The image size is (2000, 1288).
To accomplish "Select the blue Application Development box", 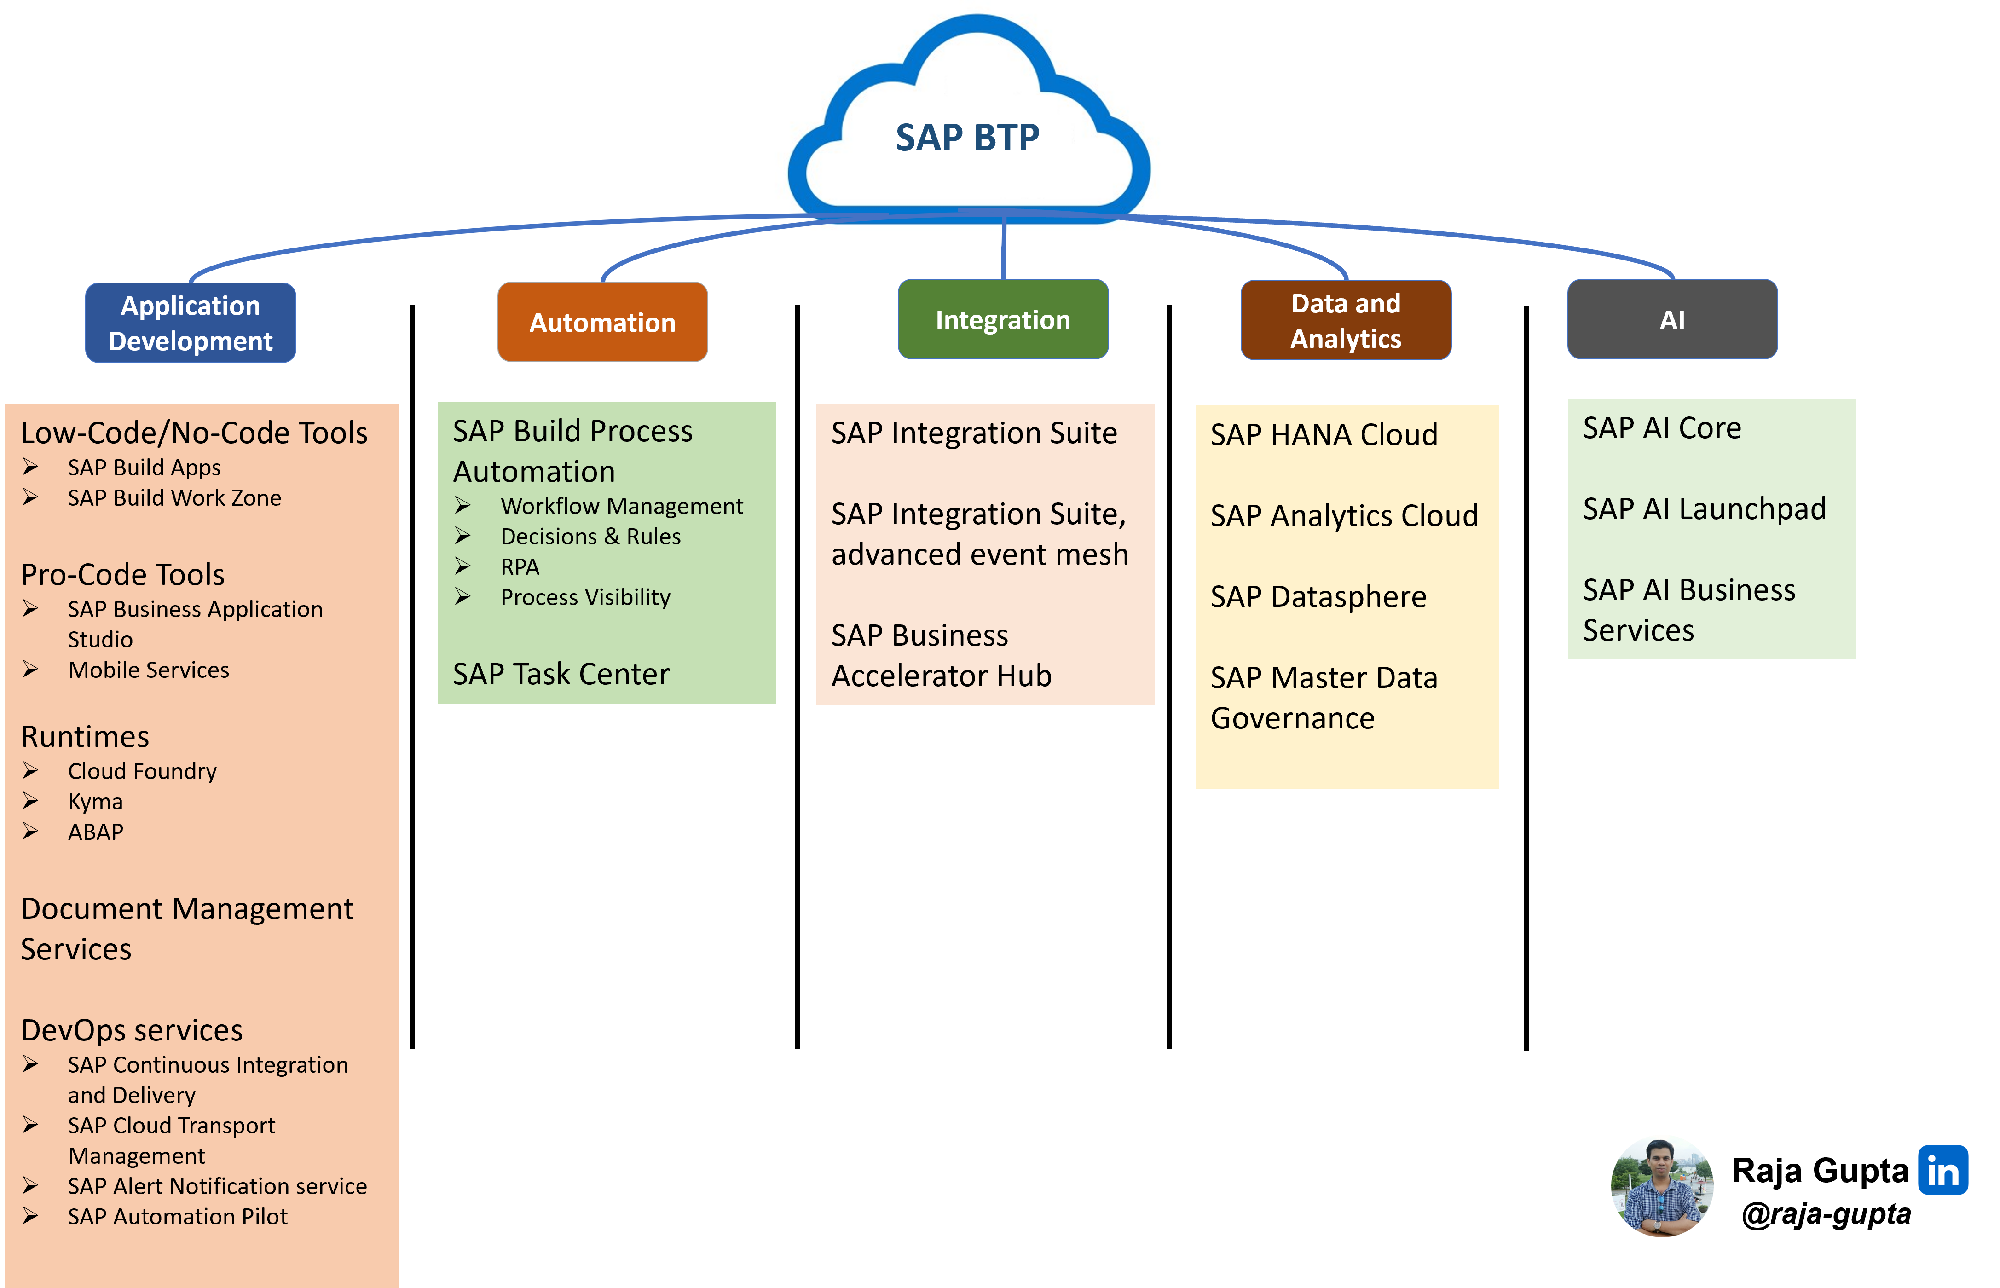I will (191, 323).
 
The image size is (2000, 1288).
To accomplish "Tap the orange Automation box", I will (602, 322).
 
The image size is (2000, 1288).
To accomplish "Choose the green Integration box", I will (1003, 319).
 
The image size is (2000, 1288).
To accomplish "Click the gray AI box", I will (1672, 319).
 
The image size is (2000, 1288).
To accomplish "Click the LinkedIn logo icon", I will (1942, 1170).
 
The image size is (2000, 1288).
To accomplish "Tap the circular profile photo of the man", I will (1662, 1185).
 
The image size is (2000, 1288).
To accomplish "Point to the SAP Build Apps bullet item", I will (144, 468).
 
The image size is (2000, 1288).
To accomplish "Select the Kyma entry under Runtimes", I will (95, 801).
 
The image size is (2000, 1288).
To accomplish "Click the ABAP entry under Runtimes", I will (95, 832).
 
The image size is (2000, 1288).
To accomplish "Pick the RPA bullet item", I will (520, 567).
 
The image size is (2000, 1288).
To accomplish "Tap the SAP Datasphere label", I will (1318, 597).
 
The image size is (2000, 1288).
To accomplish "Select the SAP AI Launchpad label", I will (1704, 508).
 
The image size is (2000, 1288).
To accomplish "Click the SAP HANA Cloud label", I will (1324, 435).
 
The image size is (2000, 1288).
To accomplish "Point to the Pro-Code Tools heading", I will (123, 575).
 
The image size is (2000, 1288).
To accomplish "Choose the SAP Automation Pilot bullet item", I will (177, 1217).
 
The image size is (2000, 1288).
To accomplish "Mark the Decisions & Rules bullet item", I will (590, 536).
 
